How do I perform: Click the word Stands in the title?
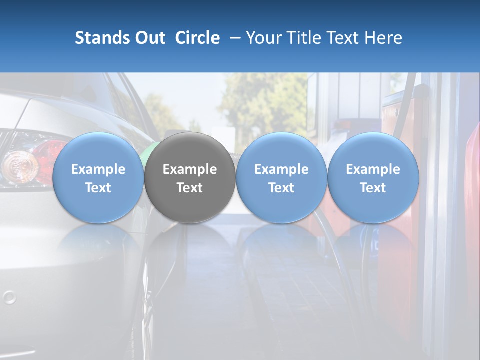coord(100,38)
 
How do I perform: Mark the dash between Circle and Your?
coord(233,38)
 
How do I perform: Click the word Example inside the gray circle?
coord(190,169)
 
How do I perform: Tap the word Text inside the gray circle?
coord(190,188)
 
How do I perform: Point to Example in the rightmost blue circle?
coord(373,169)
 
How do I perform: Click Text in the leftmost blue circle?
coord(98,188)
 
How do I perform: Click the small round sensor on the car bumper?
coord(9,298)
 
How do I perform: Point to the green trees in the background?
coord(255,100)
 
